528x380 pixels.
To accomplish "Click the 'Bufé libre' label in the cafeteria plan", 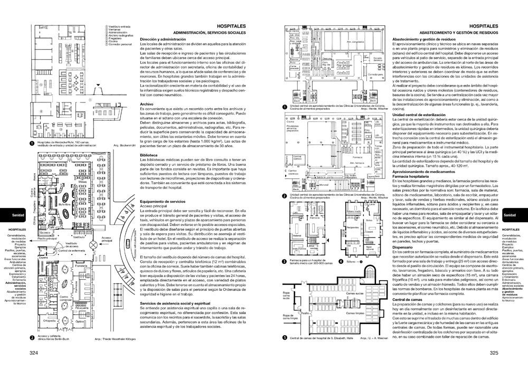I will click(65, 202).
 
